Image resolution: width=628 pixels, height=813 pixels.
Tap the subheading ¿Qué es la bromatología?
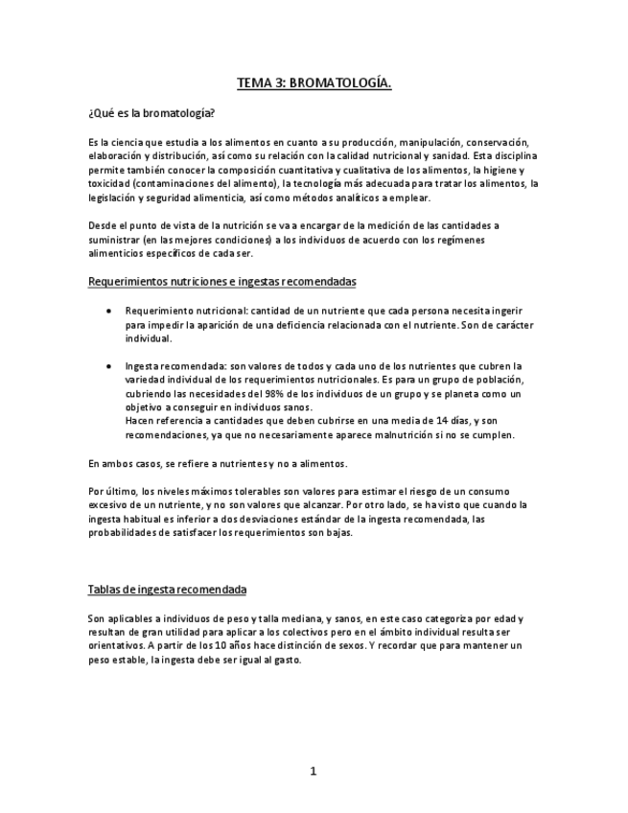[x=151, y=112]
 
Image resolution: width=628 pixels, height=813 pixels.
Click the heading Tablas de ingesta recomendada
[x=167, y=589]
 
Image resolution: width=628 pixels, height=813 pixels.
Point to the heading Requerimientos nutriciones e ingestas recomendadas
[x=221, y=282]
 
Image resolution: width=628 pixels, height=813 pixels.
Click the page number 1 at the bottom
[x=314, y=772]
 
